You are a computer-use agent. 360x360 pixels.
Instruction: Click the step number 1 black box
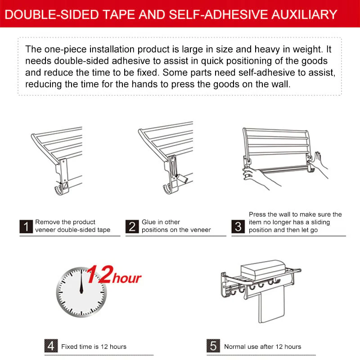coord(26,226)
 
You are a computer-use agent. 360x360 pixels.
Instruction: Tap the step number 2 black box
coord(132,226)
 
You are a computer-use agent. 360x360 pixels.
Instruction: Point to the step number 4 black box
coord(51,346)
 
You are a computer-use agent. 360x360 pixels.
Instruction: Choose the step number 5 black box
coord(213,346)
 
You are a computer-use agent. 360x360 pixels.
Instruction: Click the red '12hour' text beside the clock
coord(114,275)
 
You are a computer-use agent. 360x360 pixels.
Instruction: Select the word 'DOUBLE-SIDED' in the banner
coord(50,14)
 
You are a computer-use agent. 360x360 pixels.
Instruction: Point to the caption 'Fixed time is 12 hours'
coord(94,346)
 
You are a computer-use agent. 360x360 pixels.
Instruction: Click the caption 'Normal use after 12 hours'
coord(262,346)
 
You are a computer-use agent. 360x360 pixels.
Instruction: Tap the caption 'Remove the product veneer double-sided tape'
coord(72,226)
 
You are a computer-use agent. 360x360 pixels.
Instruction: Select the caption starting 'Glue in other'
coord(176,226)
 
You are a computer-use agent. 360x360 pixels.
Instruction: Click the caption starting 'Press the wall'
coord(295,222)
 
